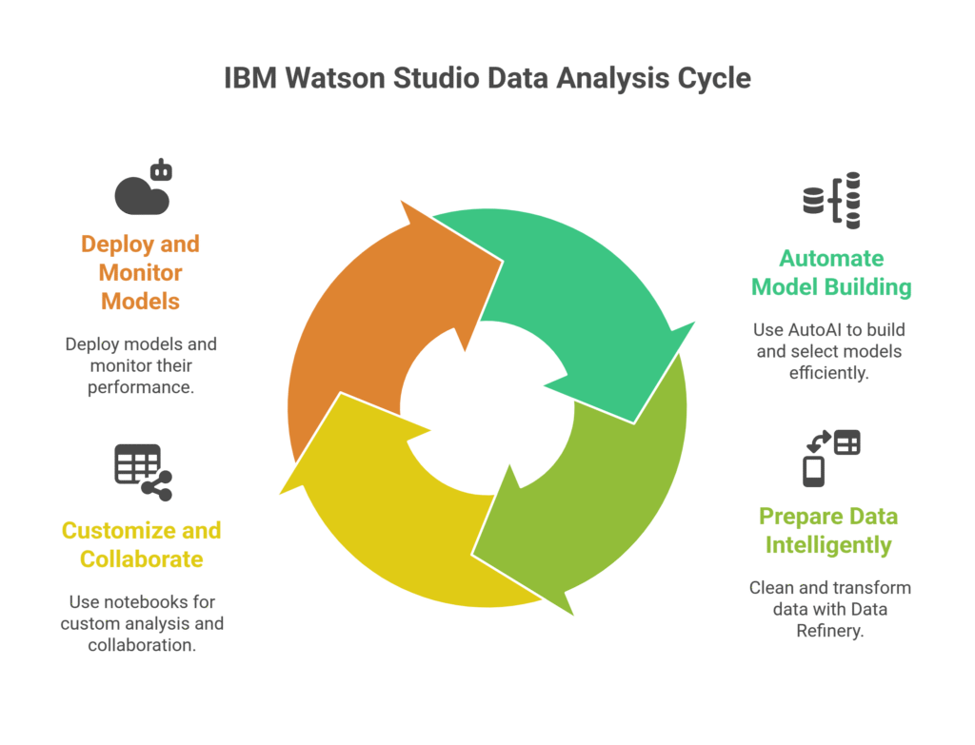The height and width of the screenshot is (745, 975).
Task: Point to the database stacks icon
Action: tap(831, 200)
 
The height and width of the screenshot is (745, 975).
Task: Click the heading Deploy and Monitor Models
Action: tap(140, 272)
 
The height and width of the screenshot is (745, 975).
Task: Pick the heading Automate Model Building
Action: tap(831, 272)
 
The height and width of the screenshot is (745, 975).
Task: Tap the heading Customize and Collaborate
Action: tap(140, 544)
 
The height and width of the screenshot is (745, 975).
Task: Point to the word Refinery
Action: tap(829, 630)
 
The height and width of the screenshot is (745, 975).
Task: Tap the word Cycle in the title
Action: tap(714, 78)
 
